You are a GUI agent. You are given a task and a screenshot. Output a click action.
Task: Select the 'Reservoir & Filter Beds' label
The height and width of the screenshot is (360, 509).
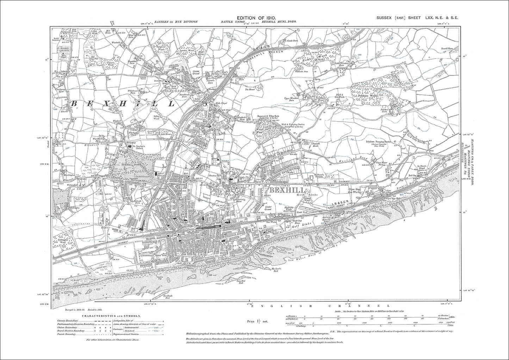272,117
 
